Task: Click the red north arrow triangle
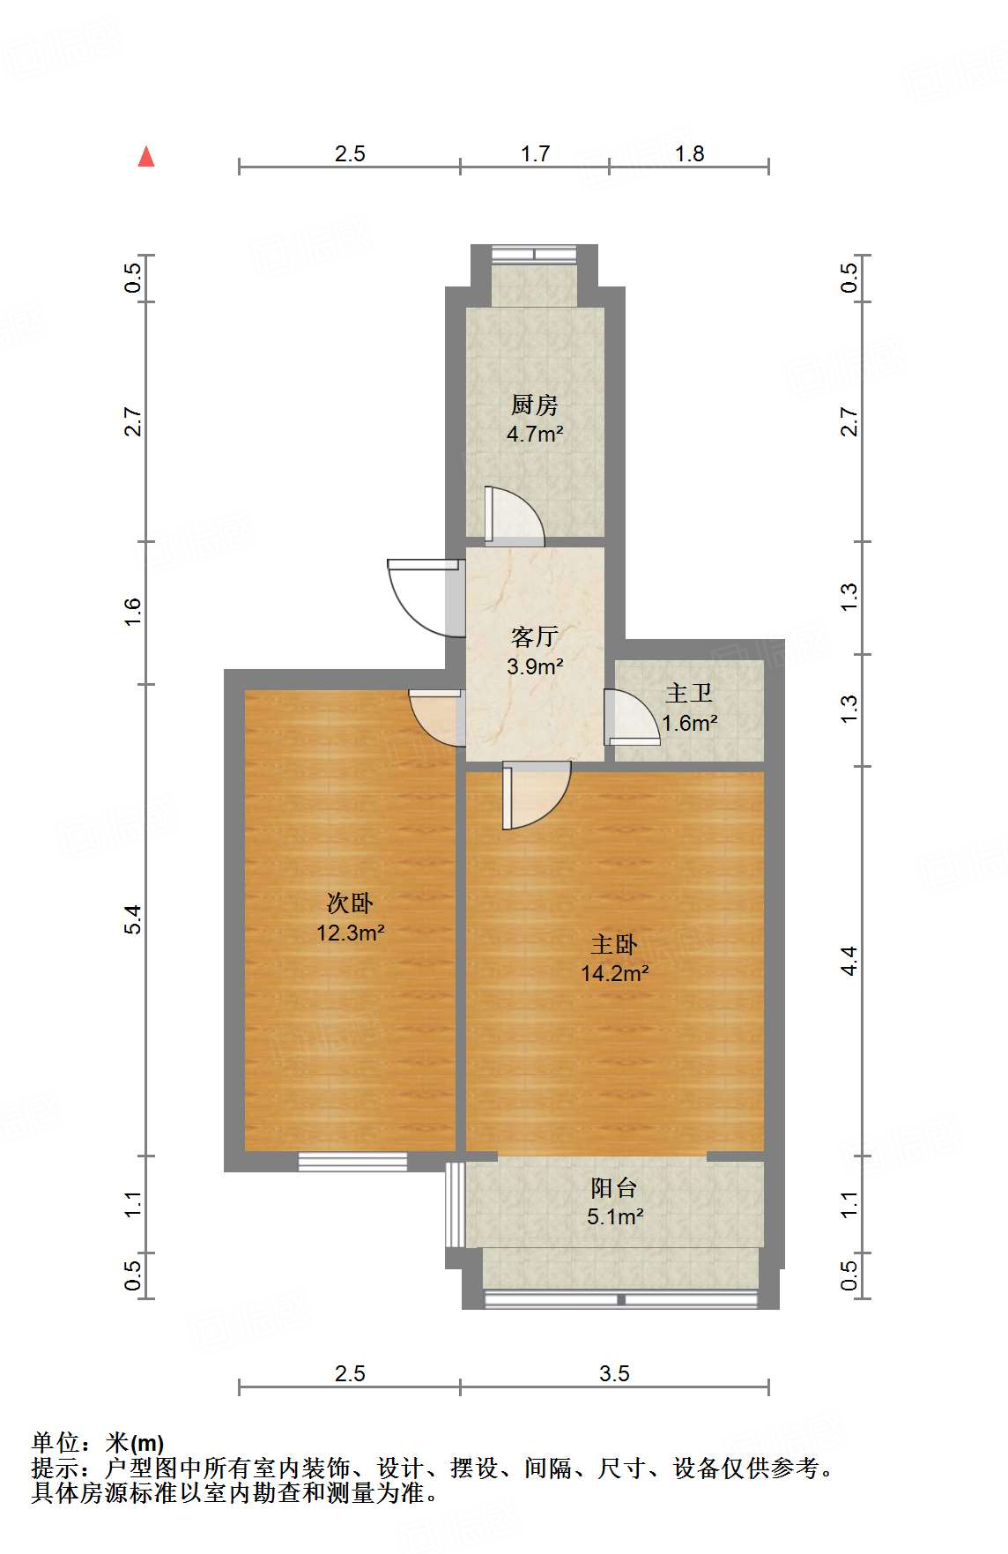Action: [146, 157]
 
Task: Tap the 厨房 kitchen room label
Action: [534, 405]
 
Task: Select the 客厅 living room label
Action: [534, 636]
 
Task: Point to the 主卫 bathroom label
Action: [688, 694]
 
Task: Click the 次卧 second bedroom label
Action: [350, 903]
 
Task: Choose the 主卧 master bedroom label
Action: [613, 945]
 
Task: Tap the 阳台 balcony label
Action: [613, 1188]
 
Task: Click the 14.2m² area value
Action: [614, 974]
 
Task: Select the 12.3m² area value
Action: [350, 933]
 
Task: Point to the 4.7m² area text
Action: [534, 434]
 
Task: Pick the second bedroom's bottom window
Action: [352, 1162]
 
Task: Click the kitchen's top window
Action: [534, 254]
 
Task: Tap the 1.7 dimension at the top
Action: [535, 154]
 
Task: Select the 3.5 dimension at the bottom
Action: [614, 1373]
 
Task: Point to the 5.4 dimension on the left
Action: [133, 919]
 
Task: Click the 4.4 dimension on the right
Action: [849, 961]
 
